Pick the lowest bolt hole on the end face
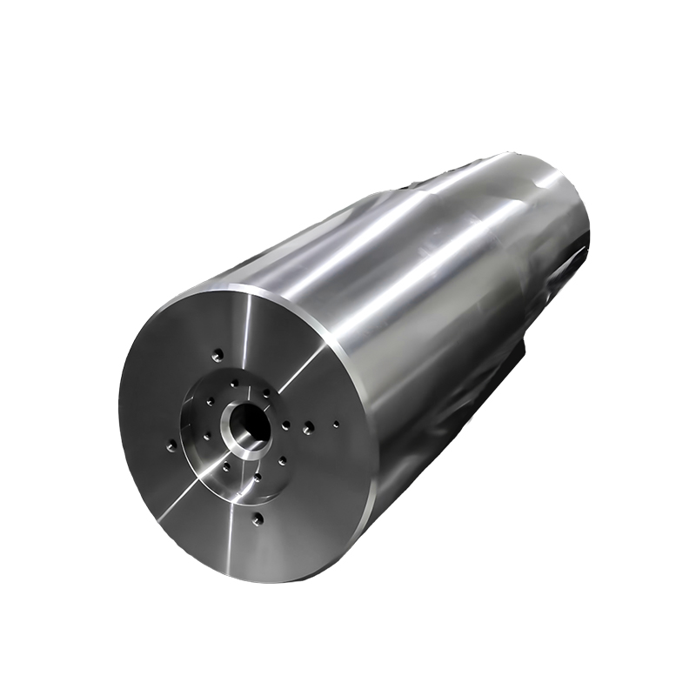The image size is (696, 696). pyautogui.click(x=257, y=519)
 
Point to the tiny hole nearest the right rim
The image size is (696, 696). pyautogui.click(x=337, y=425)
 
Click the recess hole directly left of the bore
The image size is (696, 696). pyautogui.click(x=210, y=402)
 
